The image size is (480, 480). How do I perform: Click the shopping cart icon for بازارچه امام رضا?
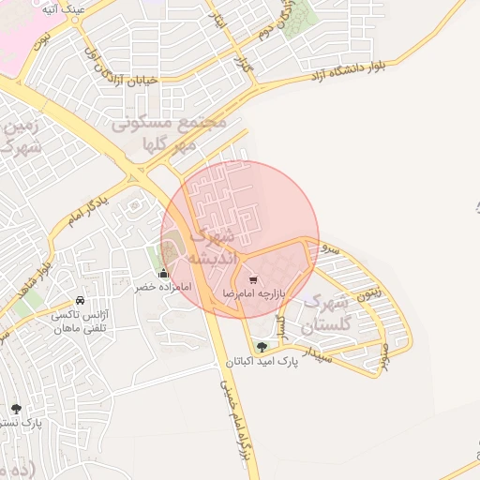(253, 279)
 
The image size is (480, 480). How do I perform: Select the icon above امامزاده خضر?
(164, 274)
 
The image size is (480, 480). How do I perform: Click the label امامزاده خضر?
(162, 287)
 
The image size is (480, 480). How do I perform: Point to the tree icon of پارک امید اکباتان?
(262, 347)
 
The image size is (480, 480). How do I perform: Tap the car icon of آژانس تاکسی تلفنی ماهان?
(81, 301)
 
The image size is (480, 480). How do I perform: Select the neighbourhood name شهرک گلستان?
(325, 315)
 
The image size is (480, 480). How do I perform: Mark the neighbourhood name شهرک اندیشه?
(208, 246)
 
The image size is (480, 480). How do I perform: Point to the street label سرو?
(329, 247)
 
